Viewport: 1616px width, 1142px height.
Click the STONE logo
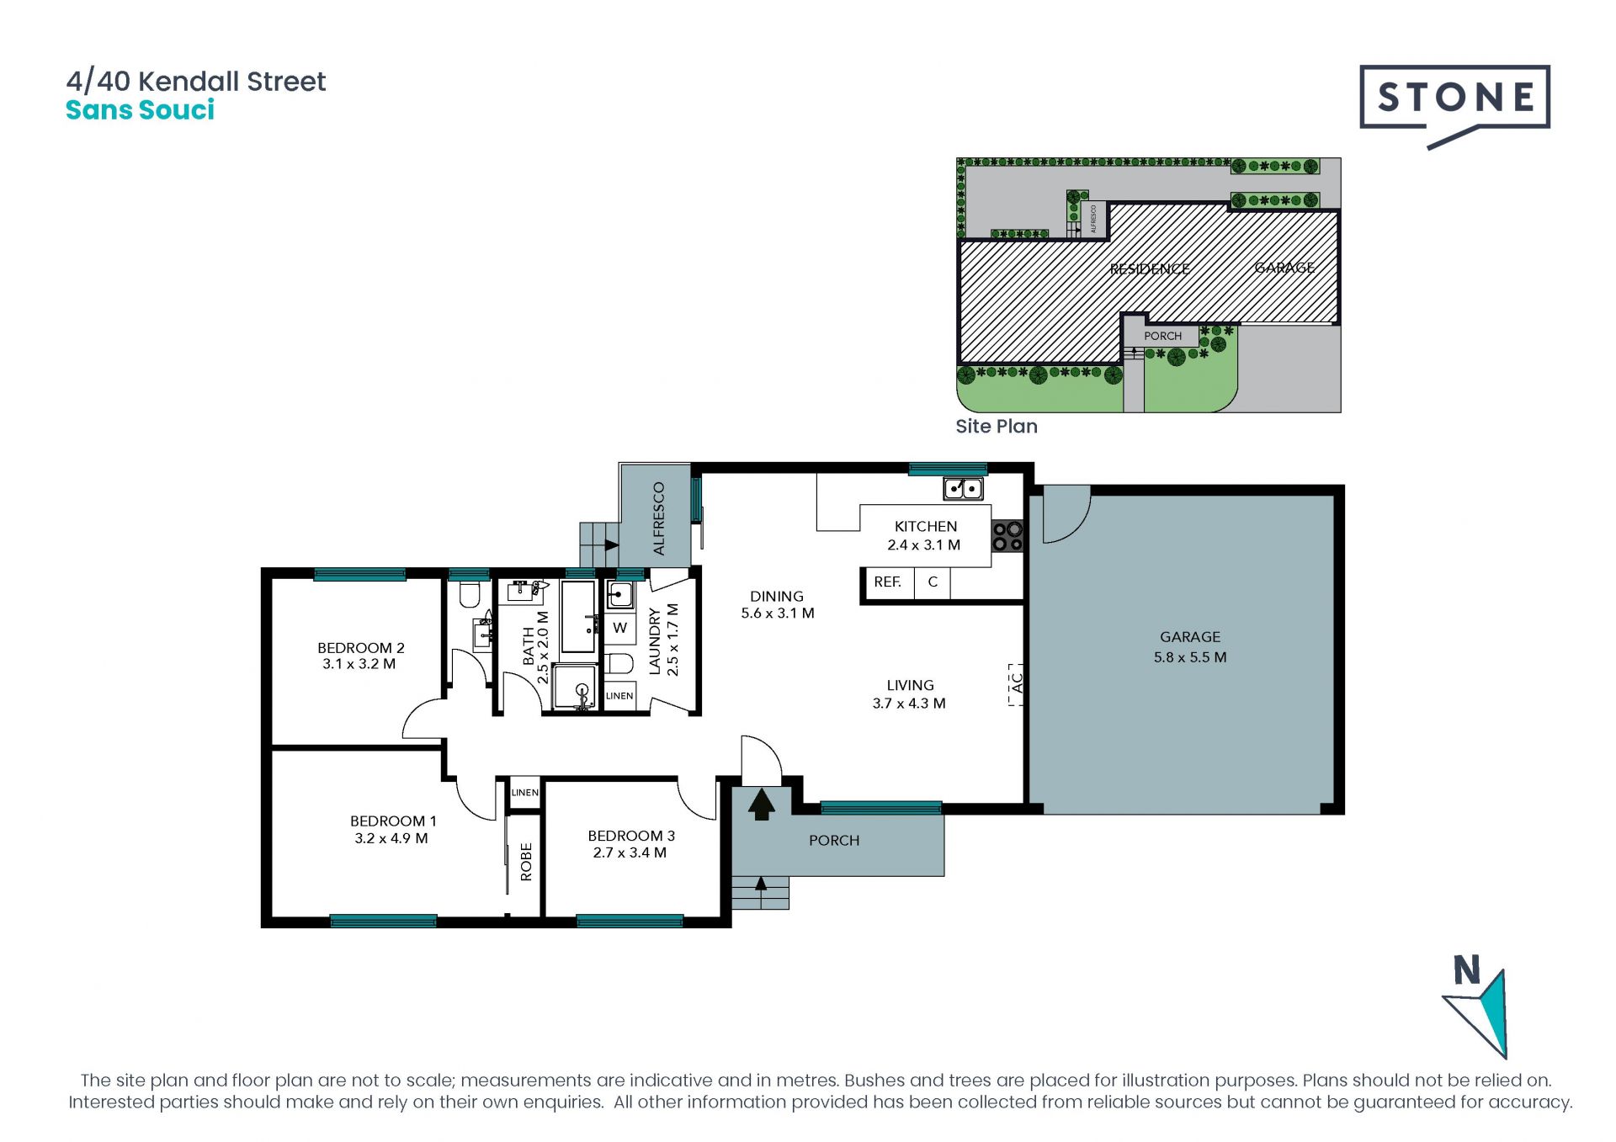tap(1454, 106)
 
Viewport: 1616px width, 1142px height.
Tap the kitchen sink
tap(963, 488)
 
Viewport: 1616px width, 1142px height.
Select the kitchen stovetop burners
tap(1007, 536)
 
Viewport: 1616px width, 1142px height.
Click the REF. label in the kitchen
tap(887, 582)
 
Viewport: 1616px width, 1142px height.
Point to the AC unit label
tap(1016, 683)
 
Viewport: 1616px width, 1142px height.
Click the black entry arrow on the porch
tap(761, 804)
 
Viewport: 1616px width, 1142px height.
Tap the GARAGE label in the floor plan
tap(1189, 637)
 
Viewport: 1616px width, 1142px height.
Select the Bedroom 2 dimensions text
tap(359, 664)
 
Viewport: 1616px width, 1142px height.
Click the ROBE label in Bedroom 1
tap(526, 862)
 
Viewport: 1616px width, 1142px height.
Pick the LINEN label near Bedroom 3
tap(524, 793)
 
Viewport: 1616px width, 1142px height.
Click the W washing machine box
tap(620, 628)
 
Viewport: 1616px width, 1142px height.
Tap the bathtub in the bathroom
tap(579, 616)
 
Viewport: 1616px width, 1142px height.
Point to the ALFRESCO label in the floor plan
tap(659, 518)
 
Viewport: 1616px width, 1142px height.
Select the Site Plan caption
tap(997, 427)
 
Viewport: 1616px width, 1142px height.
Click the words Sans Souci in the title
tap(141, 110)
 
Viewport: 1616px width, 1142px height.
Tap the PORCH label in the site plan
tap(1162, 336)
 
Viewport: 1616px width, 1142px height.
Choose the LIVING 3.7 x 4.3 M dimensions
tap(909, 704)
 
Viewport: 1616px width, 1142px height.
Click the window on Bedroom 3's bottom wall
tap(630, 921)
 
